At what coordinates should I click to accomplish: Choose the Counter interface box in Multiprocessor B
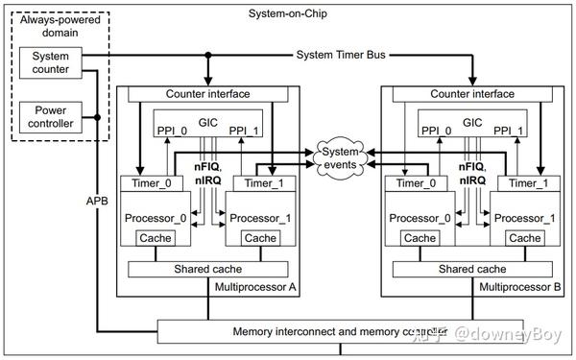470,93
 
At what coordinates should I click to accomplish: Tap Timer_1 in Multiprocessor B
526,183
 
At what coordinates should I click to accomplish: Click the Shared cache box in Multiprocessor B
470,269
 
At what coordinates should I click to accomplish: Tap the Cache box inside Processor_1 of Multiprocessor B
525,238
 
